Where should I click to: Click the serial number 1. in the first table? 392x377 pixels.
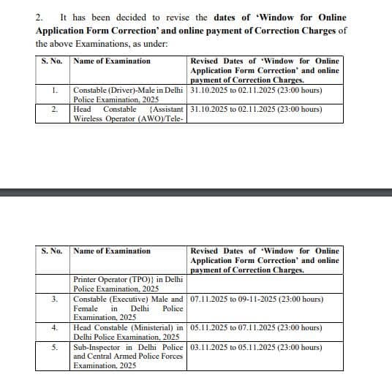pyautogui.click(x=55, y=91)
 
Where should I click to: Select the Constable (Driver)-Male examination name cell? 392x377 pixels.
pyautogui.click(x=129, y=95)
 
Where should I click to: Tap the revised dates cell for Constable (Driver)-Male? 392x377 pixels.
pyautogui.click(x=255, y=91)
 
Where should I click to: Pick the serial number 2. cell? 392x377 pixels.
pyautogui.click(x=55, y=110)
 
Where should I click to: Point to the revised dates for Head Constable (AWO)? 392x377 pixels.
pyautogui.click(x=255, y=110)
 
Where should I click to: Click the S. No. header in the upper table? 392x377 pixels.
pyautogui.click(x=52, y=61)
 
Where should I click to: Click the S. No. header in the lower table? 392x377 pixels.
pyautogui.click(x=52, y=251)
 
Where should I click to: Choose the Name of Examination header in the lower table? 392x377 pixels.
pyautogui.click(x=112, y=251)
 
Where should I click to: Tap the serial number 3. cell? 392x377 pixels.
pyautogui.click(x=55, y=300)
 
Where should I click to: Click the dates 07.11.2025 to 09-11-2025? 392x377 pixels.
pyautogui.click(x=255, y=300)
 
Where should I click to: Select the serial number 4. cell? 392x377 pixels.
pyautogui.click(x=55, y=328)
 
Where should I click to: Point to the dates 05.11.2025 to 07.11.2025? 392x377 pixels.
pyautogui.click(x=255, y=328)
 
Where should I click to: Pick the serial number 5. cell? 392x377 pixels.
pyautogui.click(x=55, y=347)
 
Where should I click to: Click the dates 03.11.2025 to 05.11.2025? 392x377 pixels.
pyautogui.click(x=255, y=347)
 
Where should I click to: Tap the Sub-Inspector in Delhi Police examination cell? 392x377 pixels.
pyautogui.click(x=129, y=356)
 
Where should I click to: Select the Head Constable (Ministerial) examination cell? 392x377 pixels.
pyautogui.click(x=129, y=332)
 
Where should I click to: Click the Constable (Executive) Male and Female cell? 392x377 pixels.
pyautogui.click(x=129, y=309)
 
